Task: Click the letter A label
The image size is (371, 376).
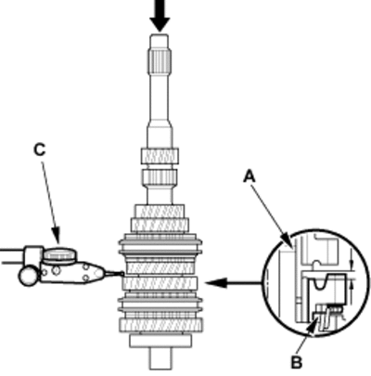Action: [249, 176]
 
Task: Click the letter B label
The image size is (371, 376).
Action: [297, 362]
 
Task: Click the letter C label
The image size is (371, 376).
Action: [40, 149]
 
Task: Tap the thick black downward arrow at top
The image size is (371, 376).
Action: [160, 16]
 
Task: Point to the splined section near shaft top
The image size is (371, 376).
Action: [160, 61]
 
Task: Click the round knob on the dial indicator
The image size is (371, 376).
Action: [59, 254]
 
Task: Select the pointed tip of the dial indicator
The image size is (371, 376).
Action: [123, 273]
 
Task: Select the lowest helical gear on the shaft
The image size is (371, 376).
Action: [161, 325]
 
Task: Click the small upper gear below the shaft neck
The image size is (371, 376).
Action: [160, 156]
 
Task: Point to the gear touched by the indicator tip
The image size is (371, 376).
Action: [160, 283]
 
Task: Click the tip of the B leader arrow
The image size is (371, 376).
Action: [316, 322]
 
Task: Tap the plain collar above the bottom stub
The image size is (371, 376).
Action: [160, 340]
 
